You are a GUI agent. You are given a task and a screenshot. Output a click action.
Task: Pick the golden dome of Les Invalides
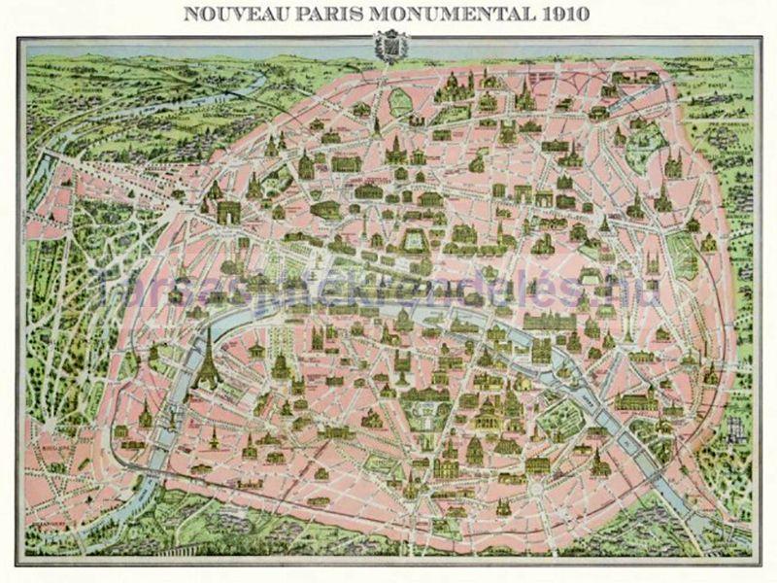[x=282, y=364]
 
